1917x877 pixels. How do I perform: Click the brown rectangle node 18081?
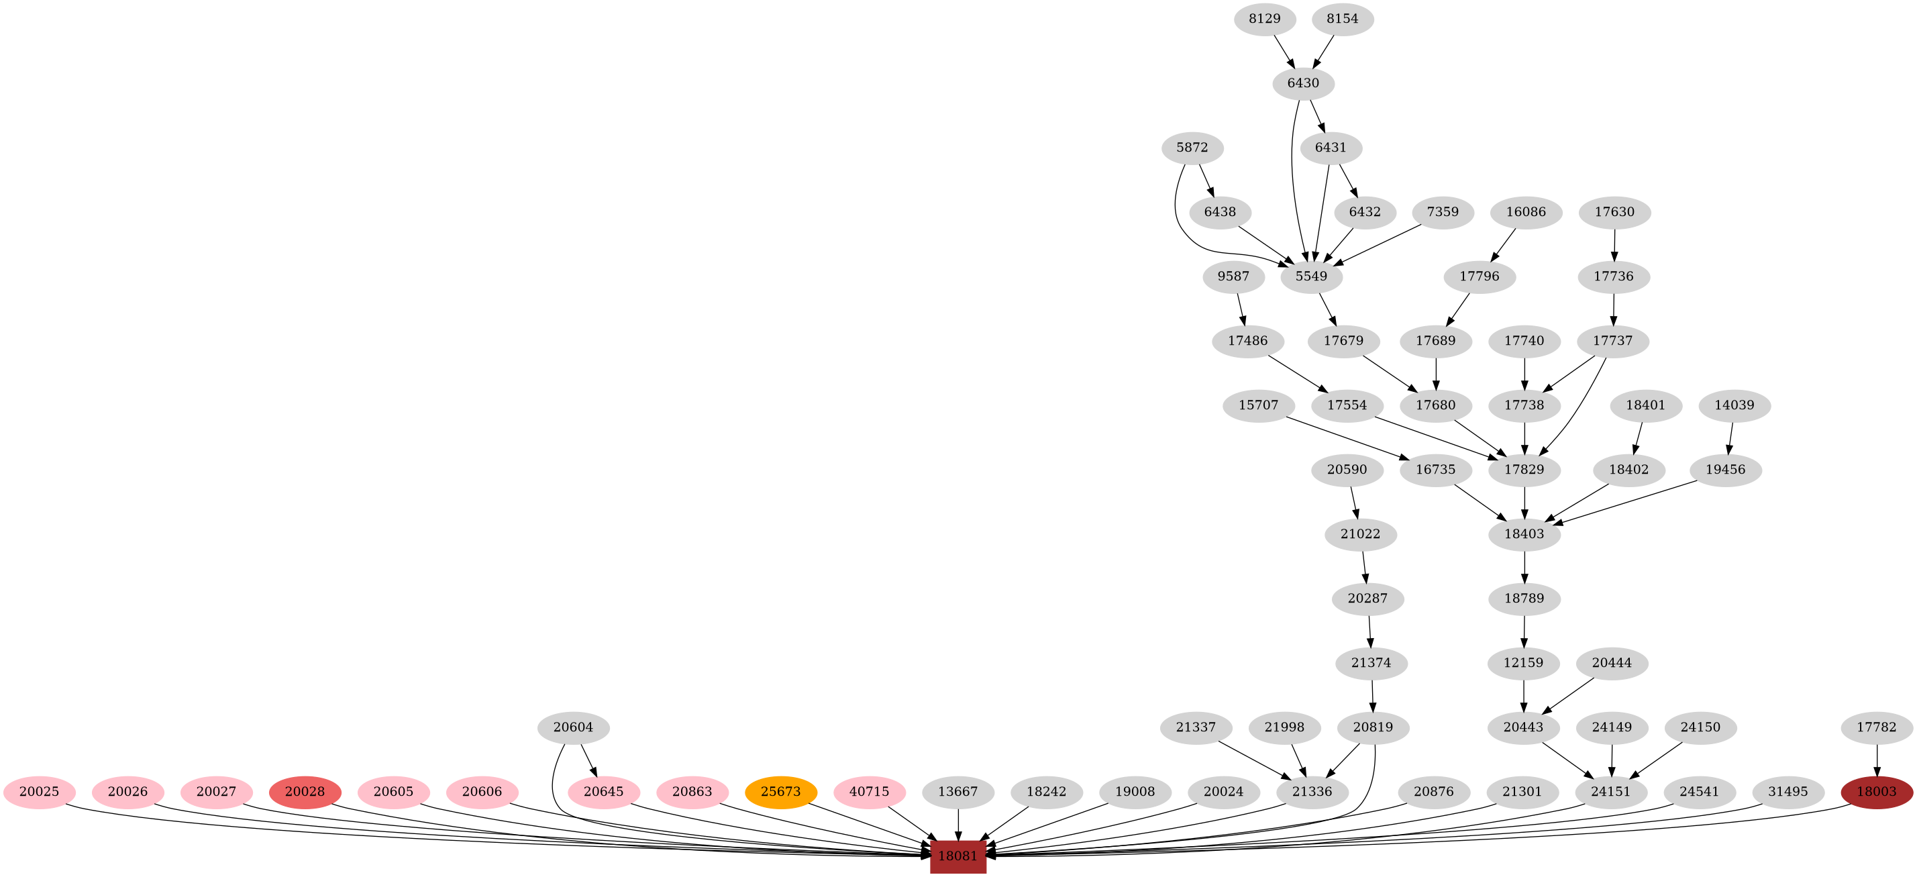(957, 856)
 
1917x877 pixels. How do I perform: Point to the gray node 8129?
(1264, 19)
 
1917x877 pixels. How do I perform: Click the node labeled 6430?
(1303, 83)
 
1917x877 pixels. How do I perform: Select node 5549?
(1311, 277)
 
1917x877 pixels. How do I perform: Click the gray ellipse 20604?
(573, 727)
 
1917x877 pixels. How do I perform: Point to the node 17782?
(1876, 727)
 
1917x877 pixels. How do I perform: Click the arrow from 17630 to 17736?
(1614, 244)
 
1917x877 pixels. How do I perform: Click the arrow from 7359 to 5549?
(1377, 245)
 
